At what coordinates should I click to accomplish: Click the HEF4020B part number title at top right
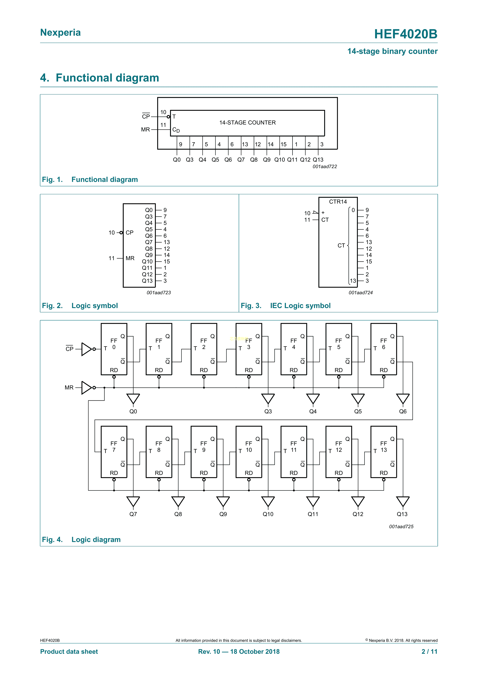coord(405,34)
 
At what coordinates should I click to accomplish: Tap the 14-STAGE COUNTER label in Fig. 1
coord(248,123)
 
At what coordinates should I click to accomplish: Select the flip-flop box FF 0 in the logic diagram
coord(114,349)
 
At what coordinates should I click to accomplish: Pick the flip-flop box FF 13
coord(384,452)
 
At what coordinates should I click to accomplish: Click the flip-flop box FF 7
coord(114,452)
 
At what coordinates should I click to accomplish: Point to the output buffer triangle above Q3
coord(268,399)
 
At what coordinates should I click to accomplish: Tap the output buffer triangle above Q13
coord(403,502)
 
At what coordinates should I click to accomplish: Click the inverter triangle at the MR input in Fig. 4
coord(87,388)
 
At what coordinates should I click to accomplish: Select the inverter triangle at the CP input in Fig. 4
coord(87,349)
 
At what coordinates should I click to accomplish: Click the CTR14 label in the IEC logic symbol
coord(338,202)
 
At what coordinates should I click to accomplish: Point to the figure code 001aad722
coord(325,167)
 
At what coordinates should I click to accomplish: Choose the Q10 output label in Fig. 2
coord(147,261)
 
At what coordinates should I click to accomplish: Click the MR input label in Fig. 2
coord(130,258)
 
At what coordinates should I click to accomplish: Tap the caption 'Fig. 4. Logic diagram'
coord(81,539)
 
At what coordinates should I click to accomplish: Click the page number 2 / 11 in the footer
coord(429,651)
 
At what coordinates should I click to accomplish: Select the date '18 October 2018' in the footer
coord(255,651)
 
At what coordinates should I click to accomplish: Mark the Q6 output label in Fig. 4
coord(403,411)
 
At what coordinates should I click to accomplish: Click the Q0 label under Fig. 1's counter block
coord(177,160)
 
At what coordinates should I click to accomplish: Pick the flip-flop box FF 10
coord(249,452)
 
